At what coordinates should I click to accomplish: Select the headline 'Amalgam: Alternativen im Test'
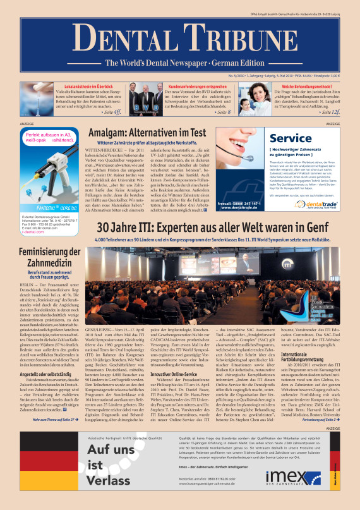click(147, 133)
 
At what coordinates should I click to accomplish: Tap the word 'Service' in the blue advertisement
click(291, 138)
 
